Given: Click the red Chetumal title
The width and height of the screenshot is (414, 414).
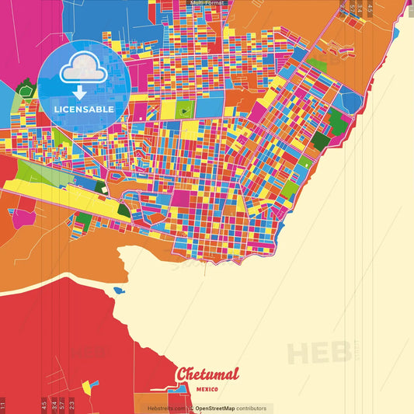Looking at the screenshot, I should point(207,374).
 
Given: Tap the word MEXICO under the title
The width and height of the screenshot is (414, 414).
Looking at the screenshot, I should point(207,388).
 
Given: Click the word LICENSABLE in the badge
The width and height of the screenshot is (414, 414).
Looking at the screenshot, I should point(84,109).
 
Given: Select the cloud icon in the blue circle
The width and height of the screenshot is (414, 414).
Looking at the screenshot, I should point(82,71).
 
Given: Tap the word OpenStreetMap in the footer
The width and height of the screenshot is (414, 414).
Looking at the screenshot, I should point(215,408).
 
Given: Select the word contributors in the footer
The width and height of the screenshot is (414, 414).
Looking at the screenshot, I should point(251,408).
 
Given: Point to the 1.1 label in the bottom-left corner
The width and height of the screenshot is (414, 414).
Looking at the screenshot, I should point(3,404).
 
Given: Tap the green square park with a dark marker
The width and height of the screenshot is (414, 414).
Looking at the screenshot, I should point(184,110).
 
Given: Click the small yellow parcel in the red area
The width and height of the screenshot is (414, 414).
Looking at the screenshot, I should point(87,385).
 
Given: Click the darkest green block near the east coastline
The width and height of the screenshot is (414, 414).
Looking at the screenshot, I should point(337,120).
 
